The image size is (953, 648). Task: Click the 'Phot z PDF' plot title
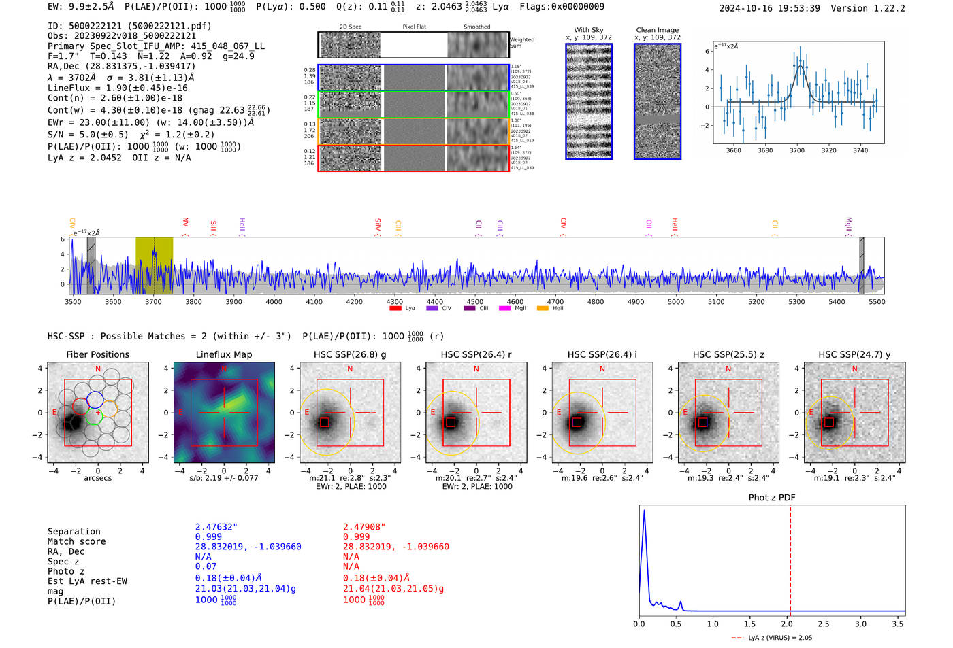click(771, 497)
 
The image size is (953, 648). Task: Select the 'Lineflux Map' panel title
click(223, 354)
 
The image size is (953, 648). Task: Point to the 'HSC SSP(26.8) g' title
click(349, 354)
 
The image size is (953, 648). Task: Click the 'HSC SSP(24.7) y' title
click(854, 354)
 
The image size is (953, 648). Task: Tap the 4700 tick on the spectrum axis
click(555, 301)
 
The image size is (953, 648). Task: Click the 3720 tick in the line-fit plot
click(828, 150)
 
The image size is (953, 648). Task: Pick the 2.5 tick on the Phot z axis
click(824, 624)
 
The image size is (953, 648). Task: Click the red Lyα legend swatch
click(395, 309)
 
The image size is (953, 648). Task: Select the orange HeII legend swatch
click(543, 309)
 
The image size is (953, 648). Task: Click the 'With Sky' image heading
click(589, 30)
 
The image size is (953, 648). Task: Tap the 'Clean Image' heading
click(657, 30)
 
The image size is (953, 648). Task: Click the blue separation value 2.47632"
click(216, 527)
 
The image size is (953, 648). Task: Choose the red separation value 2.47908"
click(364, 527)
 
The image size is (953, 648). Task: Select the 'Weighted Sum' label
click(522, 43)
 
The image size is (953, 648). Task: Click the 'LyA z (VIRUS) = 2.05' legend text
click(779, 638)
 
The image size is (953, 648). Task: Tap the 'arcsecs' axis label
click(97, 478)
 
